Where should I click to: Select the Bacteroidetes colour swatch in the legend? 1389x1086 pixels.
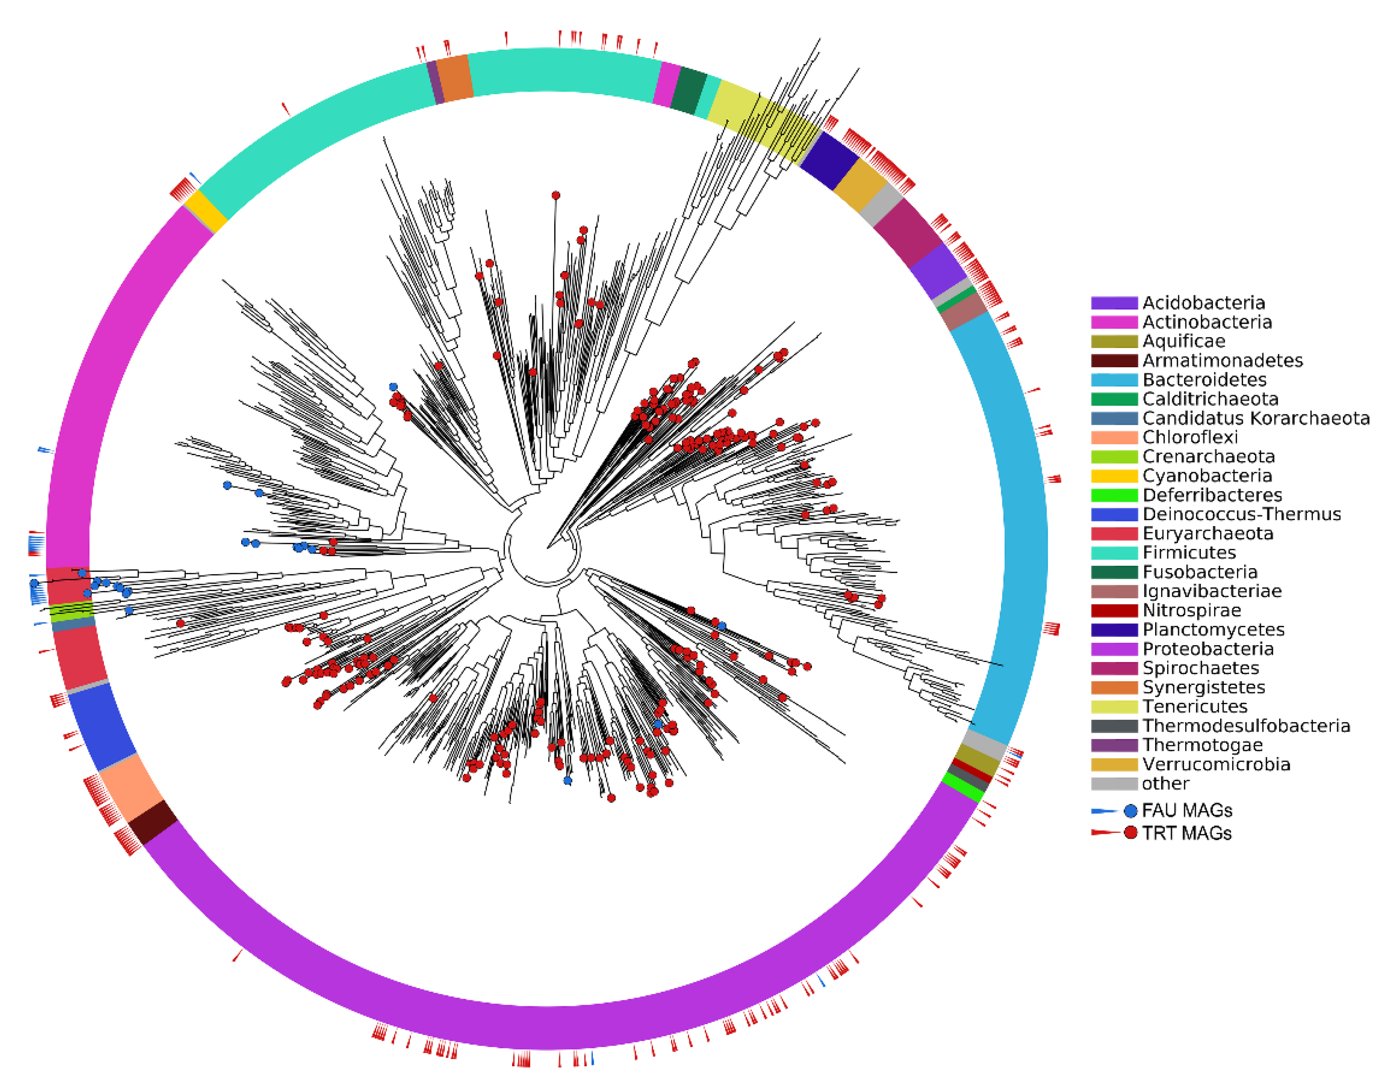click(x=1113, y=380)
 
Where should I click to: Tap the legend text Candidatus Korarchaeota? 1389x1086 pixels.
click(x=1255, y=418)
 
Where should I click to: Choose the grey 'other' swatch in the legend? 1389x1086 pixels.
click(x=1113, y=783)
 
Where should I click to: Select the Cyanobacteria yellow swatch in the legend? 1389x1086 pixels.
click(x=1113, y=476)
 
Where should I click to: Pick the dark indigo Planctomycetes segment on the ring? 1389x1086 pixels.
click(x=829, y=160)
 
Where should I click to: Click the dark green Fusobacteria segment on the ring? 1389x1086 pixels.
click(x=689, y=90)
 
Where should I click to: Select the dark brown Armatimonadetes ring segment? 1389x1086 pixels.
click(x=153, y=821)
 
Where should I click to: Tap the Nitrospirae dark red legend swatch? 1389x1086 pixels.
click(x=1113, y=611)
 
